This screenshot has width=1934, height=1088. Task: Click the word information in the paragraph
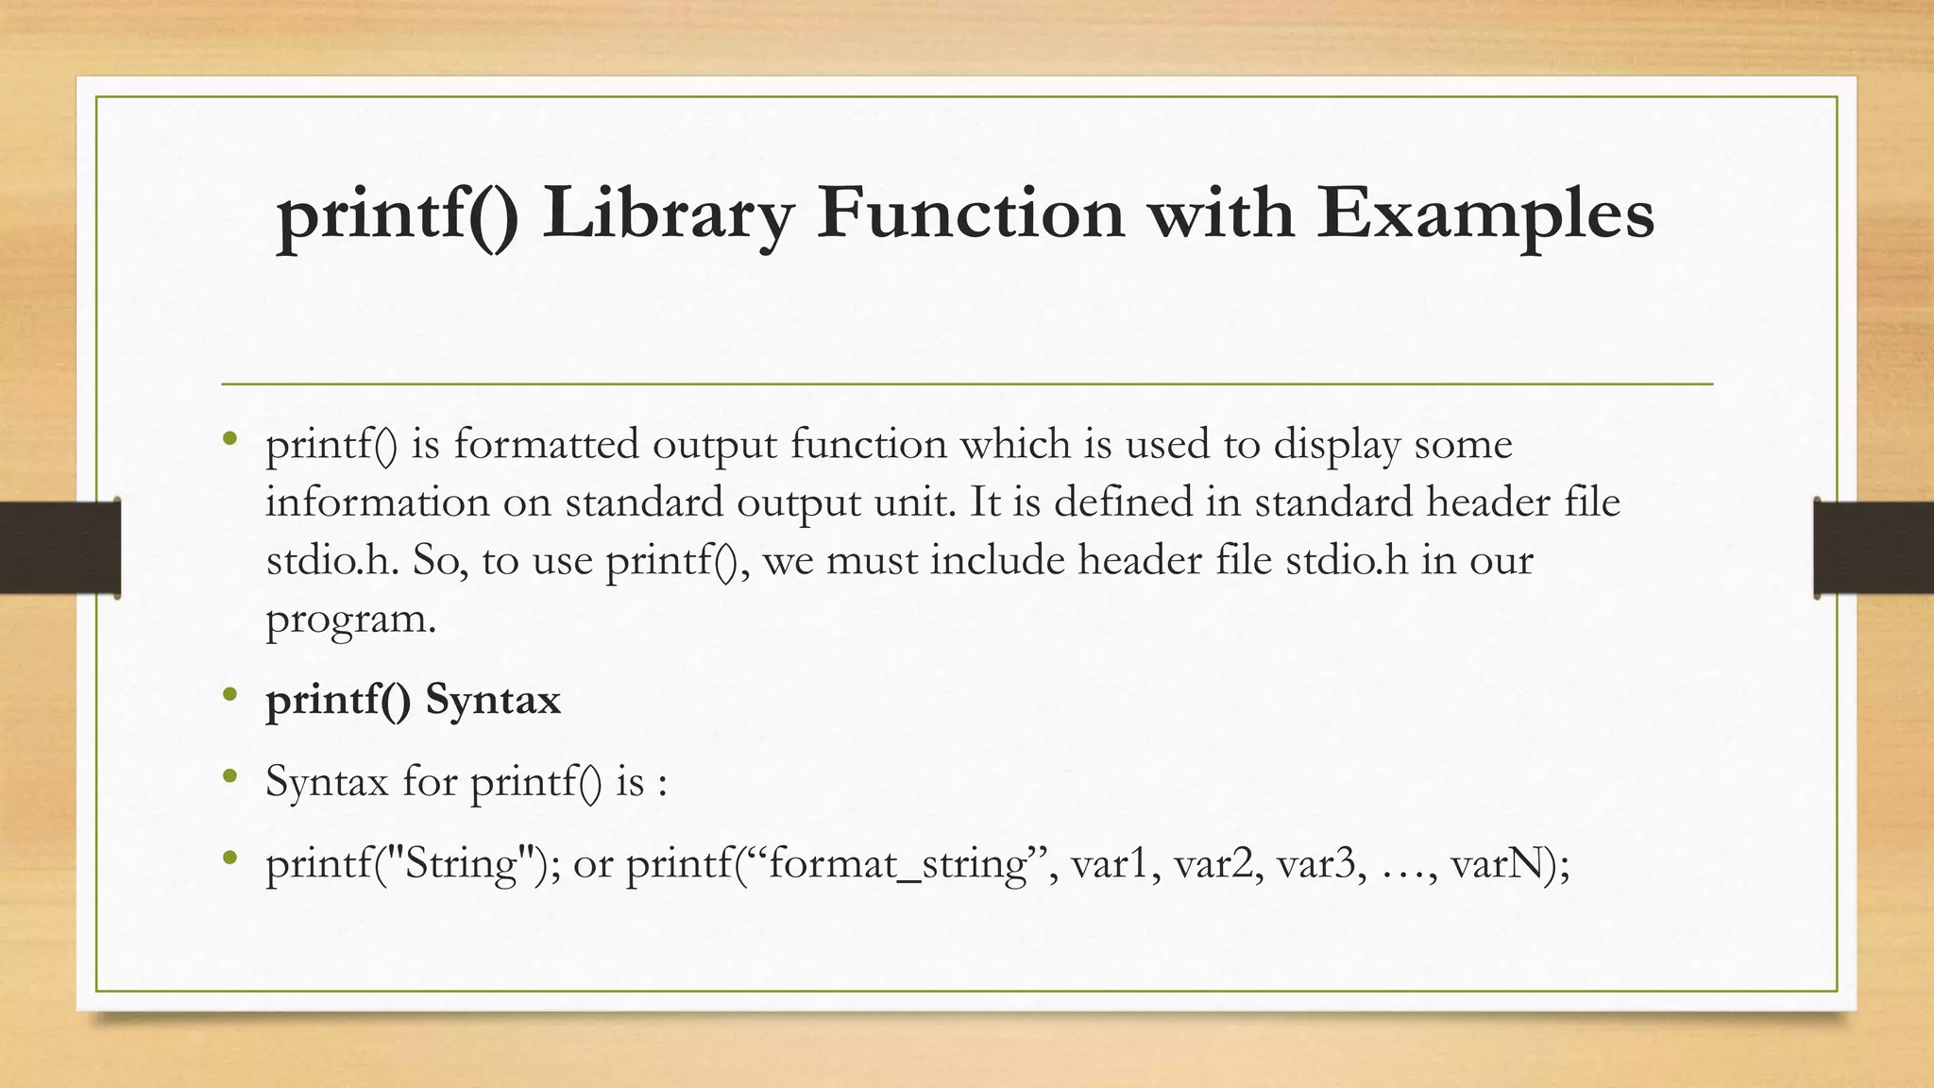378,501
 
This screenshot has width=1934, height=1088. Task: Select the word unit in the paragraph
914,501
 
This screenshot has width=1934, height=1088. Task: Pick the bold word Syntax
493,700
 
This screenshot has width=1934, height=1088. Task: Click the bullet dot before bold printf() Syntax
229,696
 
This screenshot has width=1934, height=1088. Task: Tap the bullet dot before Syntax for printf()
229,777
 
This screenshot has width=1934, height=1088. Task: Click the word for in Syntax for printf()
430,781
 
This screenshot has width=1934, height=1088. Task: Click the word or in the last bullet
593,864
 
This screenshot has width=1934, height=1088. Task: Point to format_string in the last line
897,864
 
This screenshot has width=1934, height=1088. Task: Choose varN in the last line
1501,864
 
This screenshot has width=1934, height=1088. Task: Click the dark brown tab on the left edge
59,548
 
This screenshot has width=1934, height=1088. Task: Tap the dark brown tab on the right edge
1874,548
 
